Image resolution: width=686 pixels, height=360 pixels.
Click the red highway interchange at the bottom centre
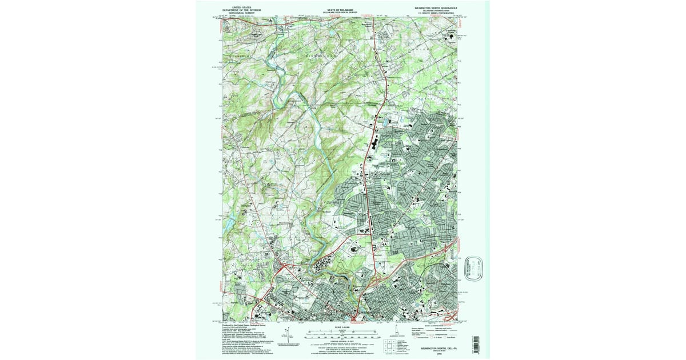point(356,316)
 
